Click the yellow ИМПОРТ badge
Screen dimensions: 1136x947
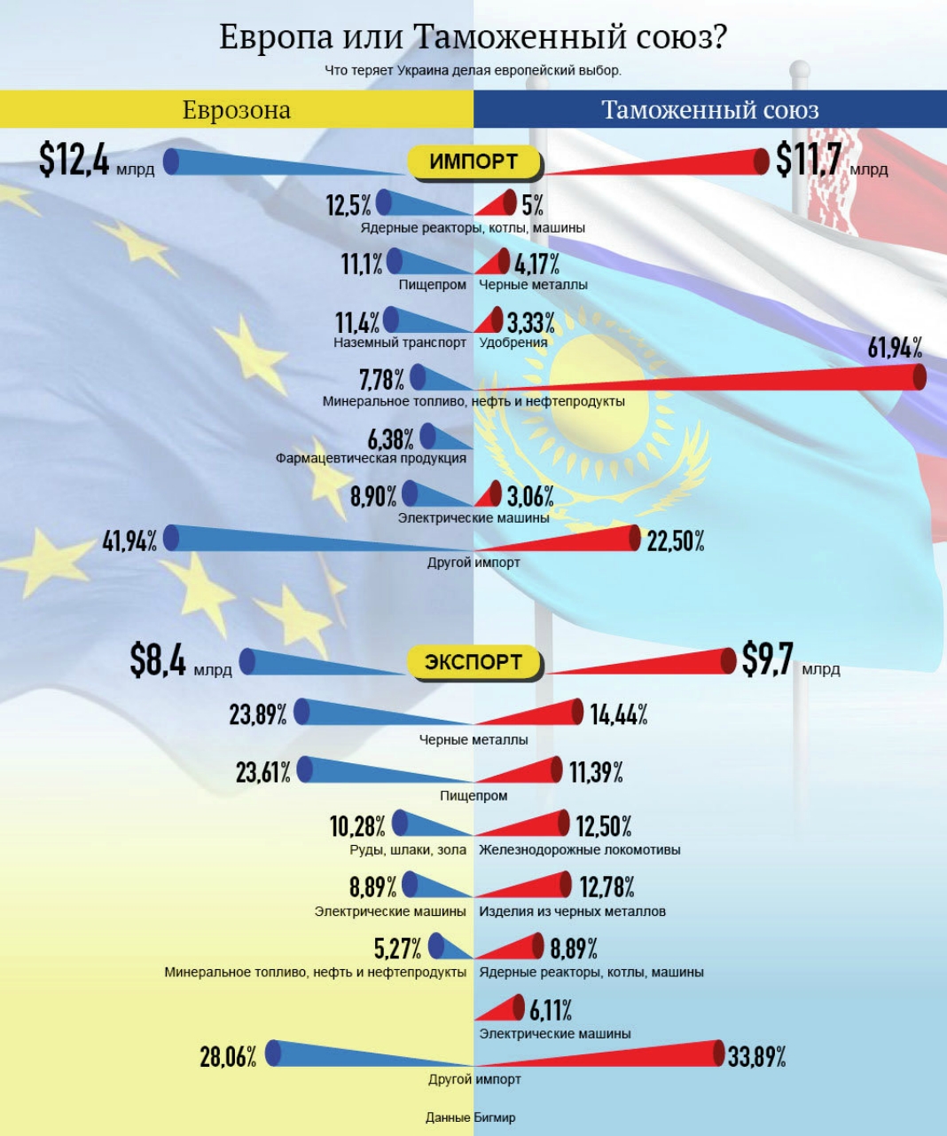point(473,162)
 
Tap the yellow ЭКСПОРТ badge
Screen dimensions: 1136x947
point(473,662)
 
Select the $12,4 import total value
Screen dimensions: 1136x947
point(74,160)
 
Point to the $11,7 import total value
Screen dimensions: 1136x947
point(808,160)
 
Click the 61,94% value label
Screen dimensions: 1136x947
point(894,348)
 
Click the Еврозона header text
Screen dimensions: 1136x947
point(236,110)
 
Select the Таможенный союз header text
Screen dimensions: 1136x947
point(709,110)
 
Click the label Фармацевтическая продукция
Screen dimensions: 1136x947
point(371,459)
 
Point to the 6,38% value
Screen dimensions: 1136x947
point(390,438)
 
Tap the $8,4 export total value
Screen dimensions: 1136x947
point(158,660)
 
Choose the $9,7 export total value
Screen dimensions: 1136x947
point(767,659)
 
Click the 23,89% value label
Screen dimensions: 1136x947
point(257,714)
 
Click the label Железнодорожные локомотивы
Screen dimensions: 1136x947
point(580,850)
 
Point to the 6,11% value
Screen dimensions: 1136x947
point(551,1010)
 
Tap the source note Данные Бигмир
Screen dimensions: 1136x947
point(470,1117)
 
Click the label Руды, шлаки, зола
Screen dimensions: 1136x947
point(408,850)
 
